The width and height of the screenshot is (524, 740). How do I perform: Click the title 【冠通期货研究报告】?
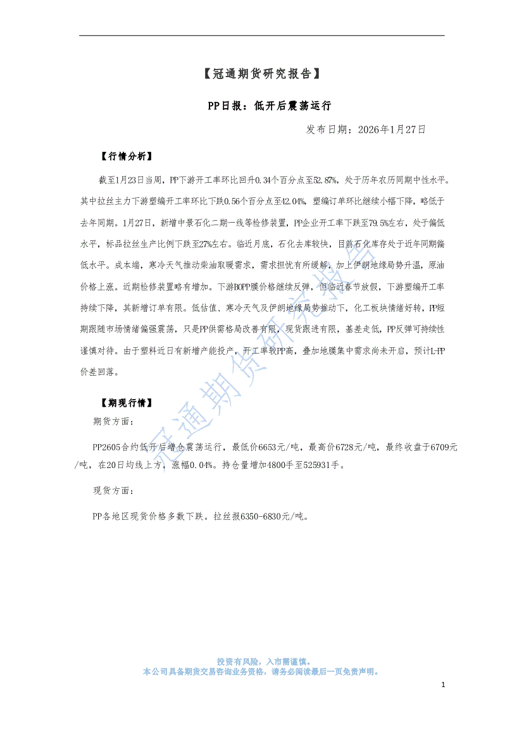point(261,74)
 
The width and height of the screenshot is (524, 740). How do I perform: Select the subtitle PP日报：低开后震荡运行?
point(261,105)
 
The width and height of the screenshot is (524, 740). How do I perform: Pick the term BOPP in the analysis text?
point(226,287)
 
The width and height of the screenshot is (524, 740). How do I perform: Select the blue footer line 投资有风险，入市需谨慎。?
point(261,660)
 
